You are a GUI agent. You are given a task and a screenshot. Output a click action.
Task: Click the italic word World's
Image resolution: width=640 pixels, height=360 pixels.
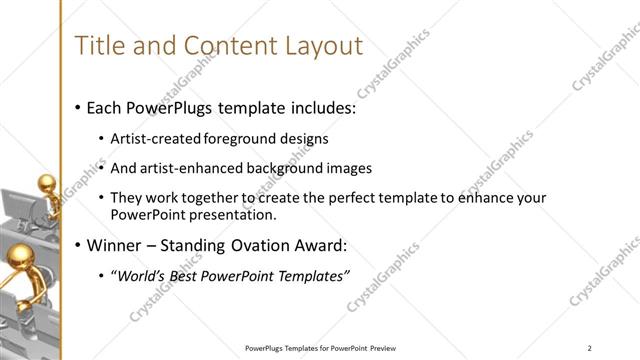142,276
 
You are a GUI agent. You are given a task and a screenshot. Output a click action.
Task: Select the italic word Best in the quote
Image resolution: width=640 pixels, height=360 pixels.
189,276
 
